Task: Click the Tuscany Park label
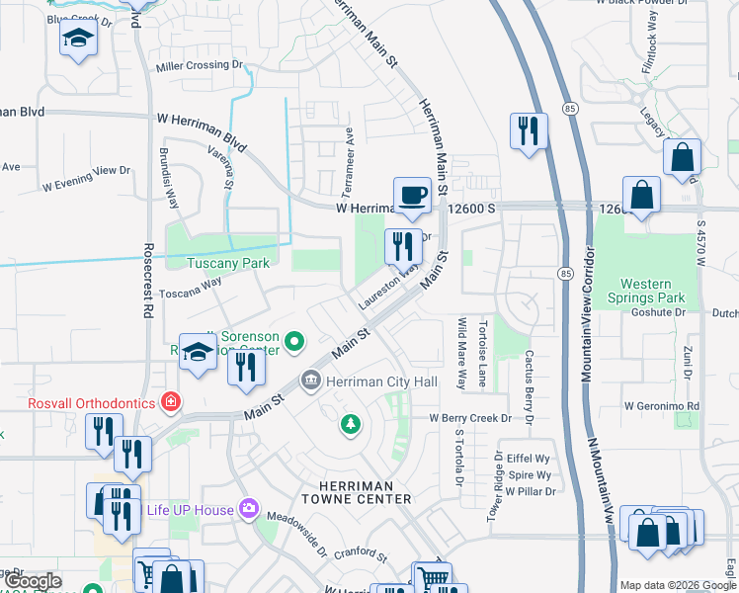[228, 264]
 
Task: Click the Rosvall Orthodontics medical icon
[171, 402]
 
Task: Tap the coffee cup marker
[412, 194]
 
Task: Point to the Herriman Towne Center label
[364, 492]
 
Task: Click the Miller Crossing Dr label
[199, 65]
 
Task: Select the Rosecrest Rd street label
[147, 295]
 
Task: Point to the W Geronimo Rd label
[661, 406]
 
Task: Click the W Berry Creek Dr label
[469, 418]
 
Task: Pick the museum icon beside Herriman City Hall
[310, 381]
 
